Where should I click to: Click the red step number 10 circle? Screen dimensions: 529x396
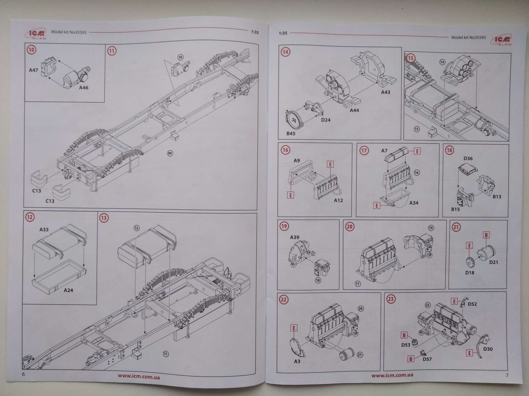pos(32,50)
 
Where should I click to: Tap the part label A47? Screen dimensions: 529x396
pos(33,70)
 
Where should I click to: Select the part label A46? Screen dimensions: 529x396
pos(84,88)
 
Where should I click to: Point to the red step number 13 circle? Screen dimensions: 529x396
pos(104,218)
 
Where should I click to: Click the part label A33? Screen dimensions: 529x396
pos(44,230)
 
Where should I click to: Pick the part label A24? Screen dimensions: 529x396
pos(68,290)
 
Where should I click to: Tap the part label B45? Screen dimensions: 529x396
pos(291,133)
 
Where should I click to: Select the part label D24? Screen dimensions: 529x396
pos(325,120)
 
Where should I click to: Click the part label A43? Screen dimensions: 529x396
pos(385,92)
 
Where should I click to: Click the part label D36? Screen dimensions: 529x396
pos(468,158)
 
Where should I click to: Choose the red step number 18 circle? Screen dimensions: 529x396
pos(450,150)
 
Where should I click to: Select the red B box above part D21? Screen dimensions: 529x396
pos(486,235)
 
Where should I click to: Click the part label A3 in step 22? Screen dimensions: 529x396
pos(297,361)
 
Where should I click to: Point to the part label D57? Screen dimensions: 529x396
pos(427,359)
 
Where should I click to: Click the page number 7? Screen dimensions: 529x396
pos(507,375)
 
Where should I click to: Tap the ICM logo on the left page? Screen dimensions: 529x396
pos(36,33)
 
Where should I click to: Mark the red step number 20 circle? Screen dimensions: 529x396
pos(350,227)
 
